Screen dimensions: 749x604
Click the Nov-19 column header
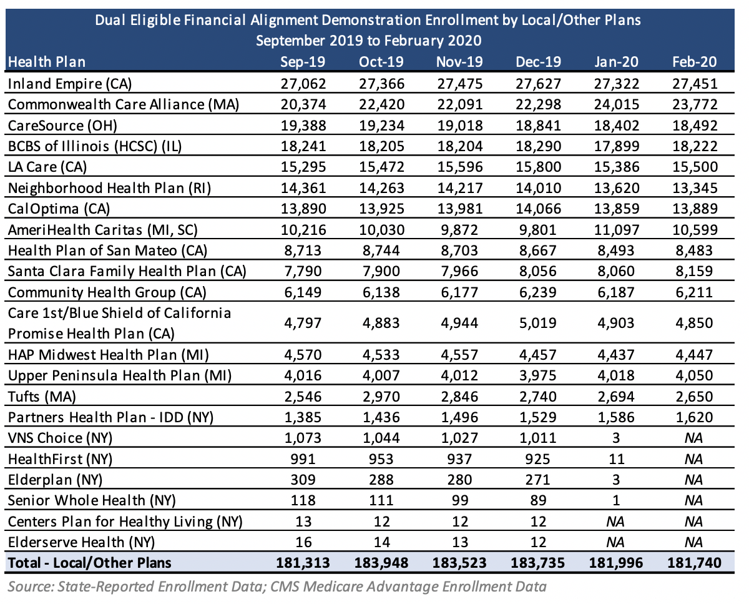pyautogui.click(x=459, y=62)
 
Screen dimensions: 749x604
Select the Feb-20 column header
pyautogui.click(x=694, y=62)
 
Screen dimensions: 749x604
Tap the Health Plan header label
pyautogui.click(x=47, y=62)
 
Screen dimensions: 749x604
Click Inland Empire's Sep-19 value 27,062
pyautogui.click(x=303, y=84)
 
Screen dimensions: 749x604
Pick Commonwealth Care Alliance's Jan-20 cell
pyautogui.click(x=617, y=104)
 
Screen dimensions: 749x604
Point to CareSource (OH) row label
pyautogui.click(x=62, y=126)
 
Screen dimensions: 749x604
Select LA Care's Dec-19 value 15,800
pyautogui.click(x=538, y=167)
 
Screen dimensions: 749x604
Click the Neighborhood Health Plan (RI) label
pyautogui.click(x=109, y=188)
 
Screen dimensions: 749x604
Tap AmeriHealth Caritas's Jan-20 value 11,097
pyautogui.click(x=617, y=230)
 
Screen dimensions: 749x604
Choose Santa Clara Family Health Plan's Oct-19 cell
pyautogui.click(x=381, y=271)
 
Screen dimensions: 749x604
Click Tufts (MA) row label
pyautogui.click(x=42, y=397)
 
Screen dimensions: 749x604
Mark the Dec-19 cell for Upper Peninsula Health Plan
pyautogui.click(x=538, y=375)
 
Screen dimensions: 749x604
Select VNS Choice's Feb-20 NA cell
pyautogui.click(x=693, y=438)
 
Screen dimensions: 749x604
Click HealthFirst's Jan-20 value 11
pyautogui.click(x=617, y=458)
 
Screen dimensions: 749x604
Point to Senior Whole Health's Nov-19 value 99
pyautogui.click(x=460, y=500)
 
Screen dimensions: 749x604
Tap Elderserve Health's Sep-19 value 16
pyautogui.click(x=303, y=542)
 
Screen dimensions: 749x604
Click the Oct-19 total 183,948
pyautogui.click(x=381, y=563)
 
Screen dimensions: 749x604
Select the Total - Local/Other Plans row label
pyautogui.click(x=89, y=563)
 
